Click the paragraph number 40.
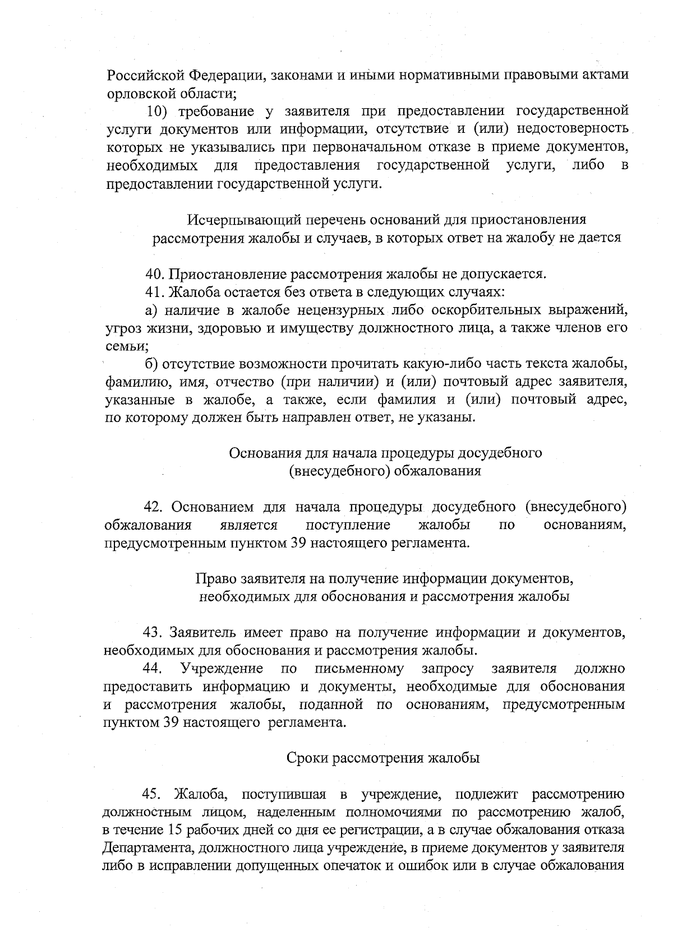click(x=154, y=274)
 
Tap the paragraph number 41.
click(x=154, y=292)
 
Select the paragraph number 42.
click(x=154, y=507)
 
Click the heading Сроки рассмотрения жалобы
click(x=383, y=758)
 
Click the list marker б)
click(x=153, y=364)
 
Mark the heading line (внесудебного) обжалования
click(x=385, y=471)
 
